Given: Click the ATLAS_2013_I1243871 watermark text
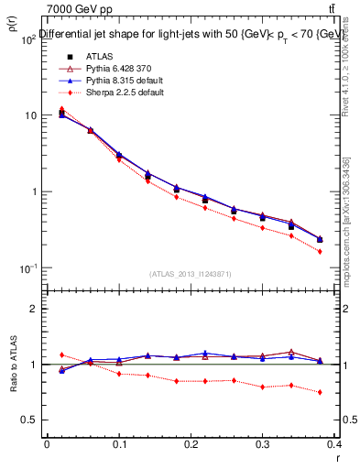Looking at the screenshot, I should (191, 274).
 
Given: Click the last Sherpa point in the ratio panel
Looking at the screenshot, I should (345, 392).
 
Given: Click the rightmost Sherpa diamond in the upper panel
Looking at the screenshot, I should (345, 251).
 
